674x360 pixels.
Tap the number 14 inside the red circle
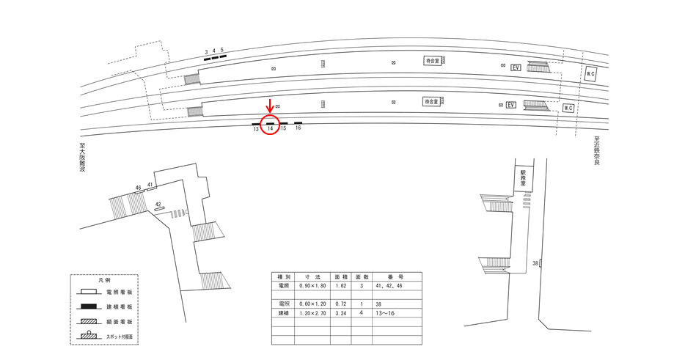[270, 128]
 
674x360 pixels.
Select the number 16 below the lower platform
[298, 128]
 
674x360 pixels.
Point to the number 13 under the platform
[256, 128]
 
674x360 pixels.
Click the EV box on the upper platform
[516, 67]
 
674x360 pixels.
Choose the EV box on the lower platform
[511, 105]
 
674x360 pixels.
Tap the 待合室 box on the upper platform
[432, 62]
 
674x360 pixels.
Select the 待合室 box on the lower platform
[431, 101]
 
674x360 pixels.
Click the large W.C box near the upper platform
[591, 73]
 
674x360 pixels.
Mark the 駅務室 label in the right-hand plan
[523, 177]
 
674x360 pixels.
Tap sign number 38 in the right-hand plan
[535, 262]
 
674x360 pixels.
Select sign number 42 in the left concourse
[158, 204]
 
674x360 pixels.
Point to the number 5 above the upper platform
[221, 51]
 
